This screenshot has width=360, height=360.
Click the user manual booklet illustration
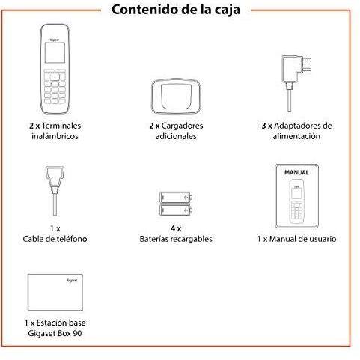pos(298,194)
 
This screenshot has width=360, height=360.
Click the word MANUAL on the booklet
pos(297,172)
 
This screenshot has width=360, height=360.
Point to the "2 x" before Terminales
pos(25,126)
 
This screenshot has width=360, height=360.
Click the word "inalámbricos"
pos(50,137)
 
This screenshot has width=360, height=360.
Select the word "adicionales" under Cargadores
pos(176,137)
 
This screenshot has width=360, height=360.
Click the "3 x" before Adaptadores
pos(267,126)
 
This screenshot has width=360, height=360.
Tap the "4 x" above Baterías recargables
pos(175,228)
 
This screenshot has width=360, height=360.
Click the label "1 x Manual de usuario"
pos(296,239)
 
